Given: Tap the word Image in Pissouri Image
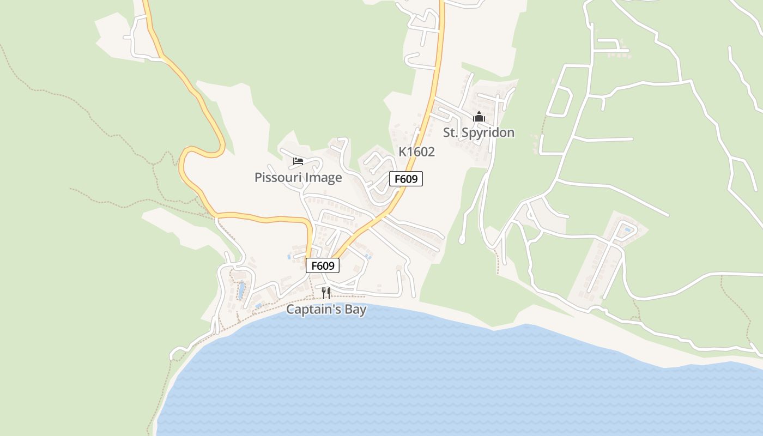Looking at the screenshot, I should pos(324,178).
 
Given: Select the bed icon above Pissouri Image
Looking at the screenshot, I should pos(298,161).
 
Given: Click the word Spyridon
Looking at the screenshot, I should pos(488,132).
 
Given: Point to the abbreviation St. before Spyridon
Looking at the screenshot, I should pos(451,132).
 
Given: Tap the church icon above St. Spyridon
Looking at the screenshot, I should pos(479,117).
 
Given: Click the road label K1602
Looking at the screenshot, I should pos(416,152).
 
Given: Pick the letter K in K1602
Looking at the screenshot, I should pos(402,152).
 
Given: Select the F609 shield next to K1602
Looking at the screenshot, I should pos(406,179).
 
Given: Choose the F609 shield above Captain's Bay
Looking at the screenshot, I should pos(323,265).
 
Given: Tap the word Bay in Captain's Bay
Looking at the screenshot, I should pos(354,310).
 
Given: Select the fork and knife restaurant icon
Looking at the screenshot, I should pos(325,293).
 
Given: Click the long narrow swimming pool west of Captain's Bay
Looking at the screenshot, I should pos(240,290).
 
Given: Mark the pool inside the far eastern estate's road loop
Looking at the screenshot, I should pos(628,229).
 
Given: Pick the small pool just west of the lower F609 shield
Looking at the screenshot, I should pos(289,256).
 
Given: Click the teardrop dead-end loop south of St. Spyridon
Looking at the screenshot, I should pos(462,239).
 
